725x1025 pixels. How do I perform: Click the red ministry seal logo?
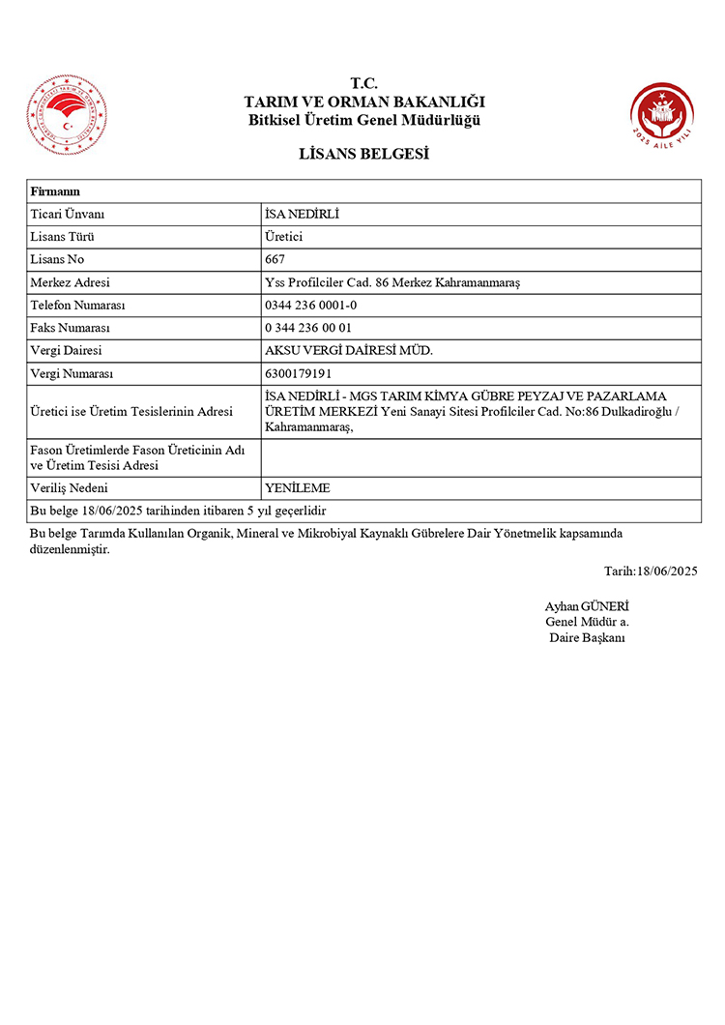click(67, 114)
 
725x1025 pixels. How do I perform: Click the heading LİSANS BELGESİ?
click(363, 155)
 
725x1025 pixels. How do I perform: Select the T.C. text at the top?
click(363, 83)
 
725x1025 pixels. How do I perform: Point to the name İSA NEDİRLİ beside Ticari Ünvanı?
click(302, 214)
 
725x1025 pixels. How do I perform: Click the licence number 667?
click(275, 259)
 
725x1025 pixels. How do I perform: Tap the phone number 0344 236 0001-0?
click(310, 305)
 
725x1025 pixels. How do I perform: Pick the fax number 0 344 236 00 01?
click(308, 328)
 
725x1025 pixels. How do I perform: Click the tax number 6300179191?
click(297, 373)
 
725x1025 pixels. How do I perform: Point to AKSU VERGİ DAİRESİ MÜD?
click(348, 350)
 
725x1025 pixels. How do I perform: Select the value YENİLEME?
click(297, 488)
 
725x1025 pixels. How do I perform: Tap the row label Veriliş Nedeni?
click(70, 488)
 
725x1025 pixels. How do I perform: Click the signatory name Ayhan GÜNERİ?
click(587, 606)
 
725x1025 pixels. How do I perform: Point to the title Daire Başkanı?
click(587, 637)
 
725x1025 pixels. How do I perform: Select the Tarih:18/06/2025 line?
click(651, 571)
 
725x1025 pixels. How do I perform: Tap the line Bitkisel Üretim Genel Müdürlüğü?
click(363, 120)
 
